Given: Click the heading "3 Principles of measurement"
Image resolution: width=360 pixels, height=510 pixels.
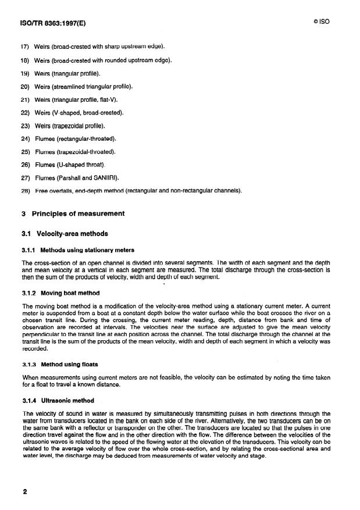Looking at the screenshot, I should pos(73,213).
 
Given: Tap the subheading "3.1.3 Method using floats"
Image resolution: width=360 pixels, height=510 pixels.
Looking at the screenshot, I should pos(60,365).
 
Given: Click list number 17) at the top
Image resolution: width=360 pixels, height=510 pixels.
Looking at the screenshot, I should pos(26,47).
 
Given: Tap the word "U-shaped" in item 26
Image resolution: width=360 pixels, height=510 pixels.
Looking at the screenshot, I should pos(80,165).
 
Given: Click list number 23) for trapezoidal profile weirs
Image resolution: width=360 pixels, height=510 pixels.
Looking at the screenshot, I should pos(26,126).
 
